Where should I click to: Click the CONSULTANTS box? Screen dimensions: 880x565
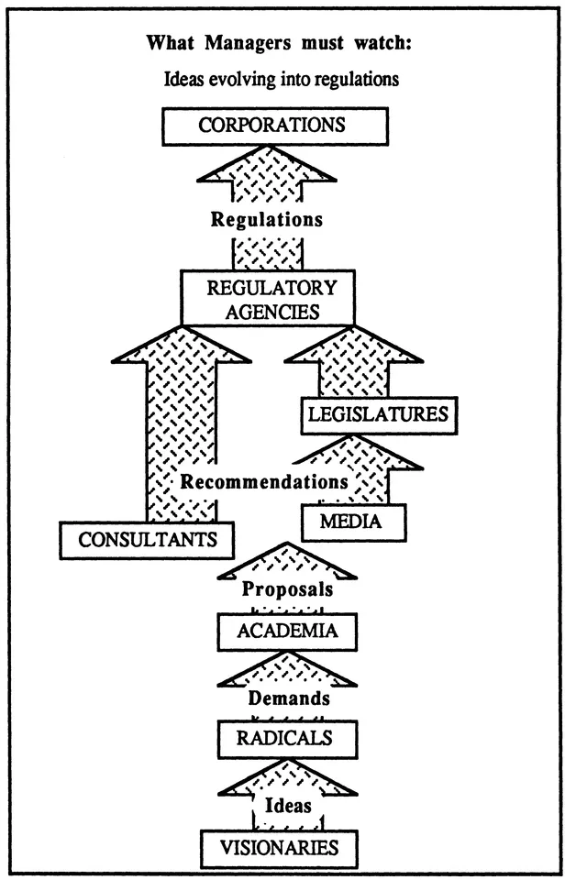(x=148, y=540)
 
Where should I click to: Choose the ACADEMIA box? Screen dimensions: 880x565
(x=285, y=631)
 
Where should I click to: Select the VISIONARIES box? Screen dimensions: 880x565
(x=280, y=848)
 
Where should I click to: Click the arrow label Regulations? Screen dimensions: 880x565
(x=266, y=220)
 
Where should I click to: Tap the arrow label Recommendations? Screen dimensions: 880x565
(x=264, y=482)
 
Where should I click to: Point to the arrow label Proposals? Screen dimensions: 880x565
(x=286, y=589)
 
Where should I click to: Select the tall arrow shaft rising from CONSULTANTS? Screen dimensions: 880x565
(x=182, y=431)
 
